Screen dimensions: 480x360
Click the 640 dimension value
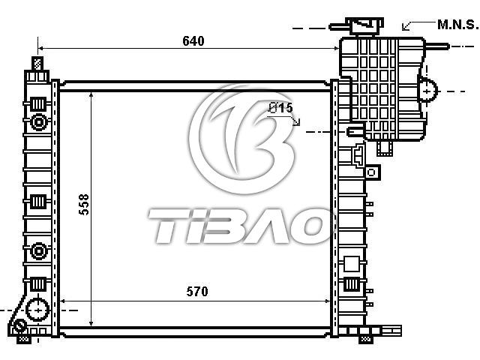[x=193, y=40]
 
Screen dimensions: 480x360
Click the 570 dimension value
[x=197, y=291]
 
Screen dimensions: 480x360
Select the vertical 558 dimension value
[x=84, y=204]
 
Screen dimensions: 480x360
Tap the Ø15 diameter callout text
[x=280, y=108]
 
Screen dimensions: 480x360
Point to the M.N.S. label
[x=457, y=25]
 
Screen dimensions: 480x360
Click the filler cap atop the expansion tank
[x=364, y=25]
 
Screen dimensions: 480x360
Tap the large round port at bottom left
[x=37, y=310]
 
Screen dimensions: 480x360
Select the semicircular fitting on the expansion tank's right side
[x=427, y=91]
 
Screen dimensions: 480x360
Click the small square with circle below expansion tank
[x=372, y=172]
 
